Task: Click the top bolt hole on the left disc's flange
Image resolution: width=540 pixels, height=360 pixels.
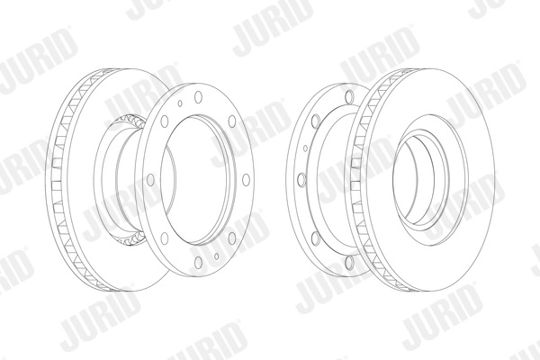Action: [198, 97]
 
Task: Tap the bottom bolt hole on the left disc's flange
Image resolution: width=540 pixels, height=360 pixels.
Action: [198, 262]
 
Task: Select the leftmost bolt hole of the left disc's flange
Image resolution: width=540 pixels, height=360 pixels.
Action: [150, 180]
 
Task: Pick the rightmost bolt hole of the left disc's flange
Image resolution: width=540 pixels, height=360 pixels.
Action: [246, 180]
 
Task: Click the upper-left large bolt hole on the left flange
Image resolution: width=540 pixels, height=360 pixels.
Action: [165, 121]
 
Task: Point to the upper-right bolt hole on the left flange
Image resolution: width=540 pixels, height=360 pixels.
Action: [232, 121]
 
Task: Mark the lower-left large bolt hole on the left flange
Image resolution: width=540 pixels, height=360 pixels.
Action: [165, 238]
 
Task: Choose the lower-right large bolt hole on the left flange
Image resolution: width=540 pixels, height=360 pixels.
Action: [232, 238]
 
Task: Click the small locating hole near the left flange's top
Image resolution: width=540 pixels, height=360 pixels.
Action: [180, 103]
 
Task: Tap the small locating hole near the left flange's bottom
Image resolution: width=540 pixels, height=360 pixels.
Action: [216, 256]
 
